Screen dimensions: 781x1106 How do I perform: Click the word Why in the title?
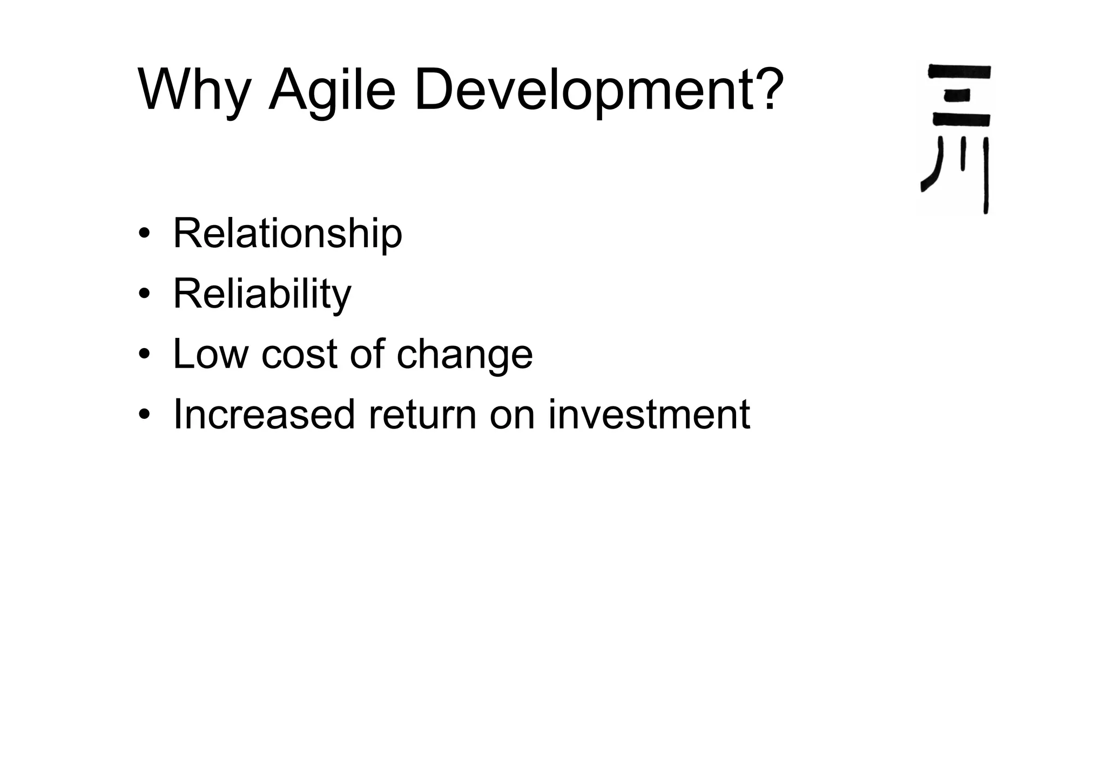tap(193, 89)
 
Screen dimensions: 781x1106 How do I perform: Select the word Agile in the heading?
tap(332, 89)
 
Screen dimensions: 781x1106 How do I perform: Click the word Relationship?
tap(287, 234)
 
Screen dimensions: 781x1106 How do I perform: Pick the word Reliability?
tap(262, 295)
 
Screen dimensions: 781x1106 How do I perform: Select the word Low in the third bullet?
tap(211, 355)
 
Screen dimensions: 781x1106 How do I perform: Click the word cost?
tap(300, 355)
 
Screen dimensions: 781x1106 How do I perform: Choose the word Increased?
tap(264, 415)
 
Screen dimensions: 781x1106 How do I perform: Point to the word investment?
tap(649, 415)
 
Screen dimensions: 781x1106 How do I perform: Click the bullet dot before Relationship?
tap(144, 234)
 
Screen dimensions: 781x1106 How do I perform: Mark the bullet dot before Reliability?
tap(144, 294)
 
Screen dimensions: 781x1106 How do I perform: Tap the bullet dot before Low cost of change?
tap(144, 355)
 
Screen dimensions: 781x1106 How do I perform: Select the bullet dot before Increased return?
tap(144, 415)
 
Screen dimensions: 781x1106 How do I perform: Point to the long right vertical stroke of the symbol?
tap(986, 175)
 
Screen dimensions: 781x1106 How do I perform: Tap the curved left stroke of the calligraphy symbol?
tap(933, 167)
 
